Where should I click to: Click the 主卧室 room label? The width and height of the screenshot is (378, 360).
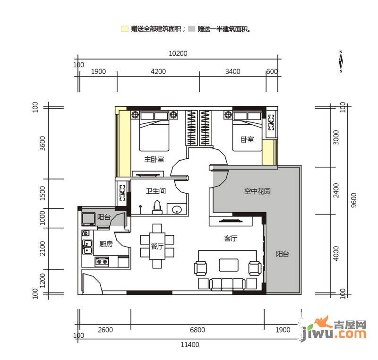click(154, 159)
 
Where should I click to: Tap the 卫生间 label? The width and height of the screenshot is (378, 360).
click(156, 191)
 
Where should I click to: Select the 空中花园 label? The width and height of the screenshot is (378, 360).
click(257, 191)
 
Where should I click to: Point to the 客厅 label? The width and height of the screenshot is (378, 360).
click(231, 238)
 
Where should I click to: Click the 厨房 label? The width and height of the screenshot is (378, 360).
click(106, 244)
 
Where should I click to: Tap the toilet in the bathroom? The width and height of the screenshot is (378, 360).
click(157, 207)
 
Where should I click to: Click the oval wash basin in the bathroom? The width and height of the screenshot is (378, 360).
click(177, 209)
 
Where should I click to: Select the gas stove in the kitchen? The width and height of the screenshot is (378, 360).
click(102, 262)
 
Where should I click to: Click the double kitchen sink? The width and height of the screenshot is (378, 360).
click(87, 247)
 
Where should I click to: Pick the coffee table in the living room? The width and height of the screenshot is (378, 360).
click(229, 265)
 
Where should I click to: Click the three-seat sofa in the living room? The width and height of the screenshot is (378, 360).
click(227, 284)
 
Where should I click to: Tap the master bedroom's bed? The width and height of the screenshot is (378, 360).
click(154, 131)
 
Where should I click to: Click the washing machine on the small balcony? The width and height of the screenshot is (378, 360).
click(88, 219)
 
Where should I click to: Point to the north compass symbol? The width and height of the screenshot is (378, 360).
click(341, 61)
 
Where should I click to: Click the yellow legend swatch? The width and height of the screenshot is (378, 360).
click(124, 29)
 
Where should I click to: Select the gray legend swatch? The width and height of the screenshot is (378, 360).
click(191, 29)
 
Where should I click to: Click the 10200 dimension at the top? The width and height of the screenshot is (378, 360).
click(178, 53)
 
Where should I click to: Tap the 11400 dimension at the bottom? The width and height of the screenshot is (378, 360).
click(190, 345)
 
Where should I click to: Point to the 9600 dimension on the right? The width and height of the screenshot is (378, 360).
click(353, 200)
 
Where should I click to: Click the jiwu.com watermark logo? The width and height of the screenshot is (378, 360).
click(335, 329)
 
